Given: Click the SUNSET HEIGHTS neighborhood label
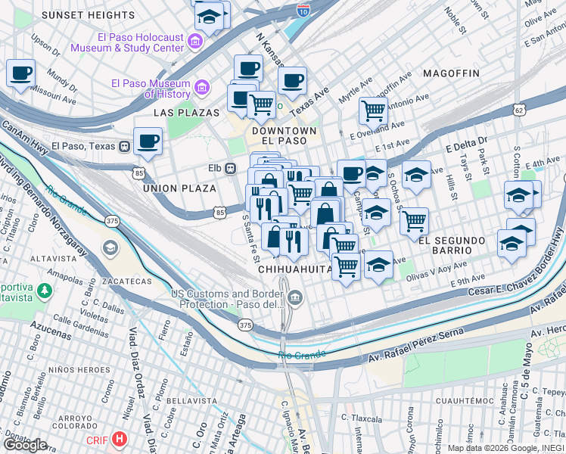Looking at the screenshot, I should [88, 15].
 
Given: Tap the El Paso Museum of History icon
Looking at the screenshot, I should [202, 88].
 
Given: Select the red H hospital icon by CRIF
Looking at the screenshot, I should [119, 438].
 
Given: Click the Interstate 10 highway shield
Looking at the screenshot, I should [303, 10].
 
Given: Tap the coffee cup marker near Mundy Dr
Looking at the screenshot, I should [21, 74].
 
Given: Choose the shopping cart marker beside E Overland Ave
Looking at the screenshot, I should [373, 110].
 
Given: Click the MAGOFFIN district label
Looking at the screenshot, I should [451, 73].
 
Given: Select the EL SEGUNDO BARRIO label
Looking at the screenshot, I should [462, 241].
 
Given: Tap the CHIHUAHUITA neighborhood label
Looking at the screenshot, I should [295, 269].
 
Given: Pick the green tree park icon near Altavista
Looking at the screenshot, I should [45, 290].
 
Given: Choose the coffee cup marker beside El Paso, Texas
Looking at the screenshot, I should [148, 140].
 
